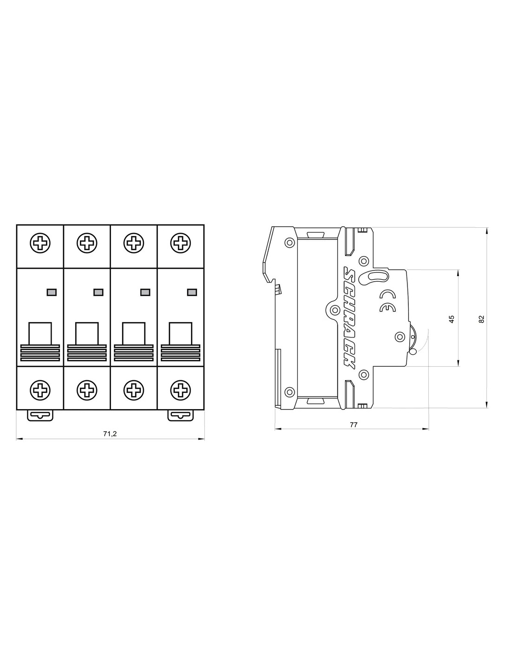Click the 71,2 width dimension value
[x=110, y=433]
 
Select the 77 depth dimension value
[x=354, y=424]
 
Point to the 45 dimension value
[x=452, y=319]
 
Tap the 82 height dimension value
[x=482, y=319]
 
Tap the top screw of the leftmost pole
[x=40, y=243]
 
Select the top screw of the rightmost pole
[x=181, y=243]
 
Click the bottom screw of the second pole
[x=87, y=390]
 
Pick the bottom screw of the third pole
[x=134, y=390]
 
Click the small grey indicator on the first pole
[x=52, y=292]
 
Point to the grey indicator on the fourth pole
[x=191, y=292]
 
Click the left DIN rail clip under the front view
[x=40, y=415]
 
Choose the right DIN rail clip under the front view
[x=180, y=415]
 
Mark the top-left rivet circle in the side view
[x=289, y=242]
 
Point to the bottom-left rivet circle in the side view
[x=289, y=390]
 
